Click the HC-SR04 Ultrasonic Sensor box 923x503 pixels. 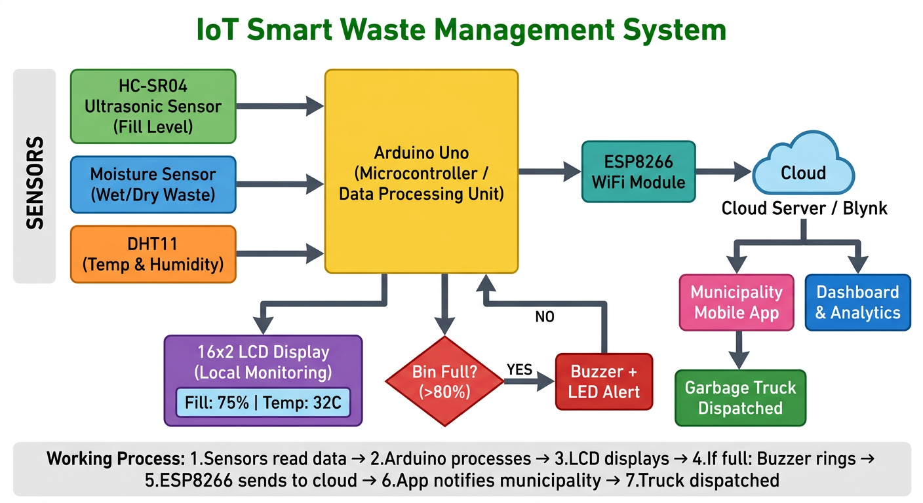coord(153,106)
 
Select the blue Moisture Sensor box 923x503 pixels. coord(153,185)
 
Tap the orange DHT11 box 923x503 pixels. coord(153,254)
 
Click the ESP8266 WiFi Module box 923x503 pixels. coord(638,172)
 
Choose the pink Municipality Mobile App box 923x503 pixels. coord(737,302)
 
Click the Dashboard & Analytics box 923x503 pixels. coord(857,302)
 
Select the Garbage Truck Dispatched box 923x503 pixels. coord(740,398)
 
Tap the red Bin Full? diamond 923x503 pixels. coord(445,381)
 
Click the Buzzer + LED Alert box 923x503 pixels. coord(604,382)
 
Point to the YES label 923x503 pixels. coord(519,370)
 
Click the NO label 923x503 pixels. coord(544,317)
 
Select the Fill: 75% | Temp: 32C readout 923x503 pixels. coord(263,402)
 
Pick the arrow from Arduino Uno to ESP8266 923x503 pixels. coord(549,172)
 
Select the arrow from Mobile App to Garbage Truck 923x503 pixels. coord(740,350)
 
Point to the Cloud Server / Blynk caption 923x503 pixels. coord(804,208)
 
